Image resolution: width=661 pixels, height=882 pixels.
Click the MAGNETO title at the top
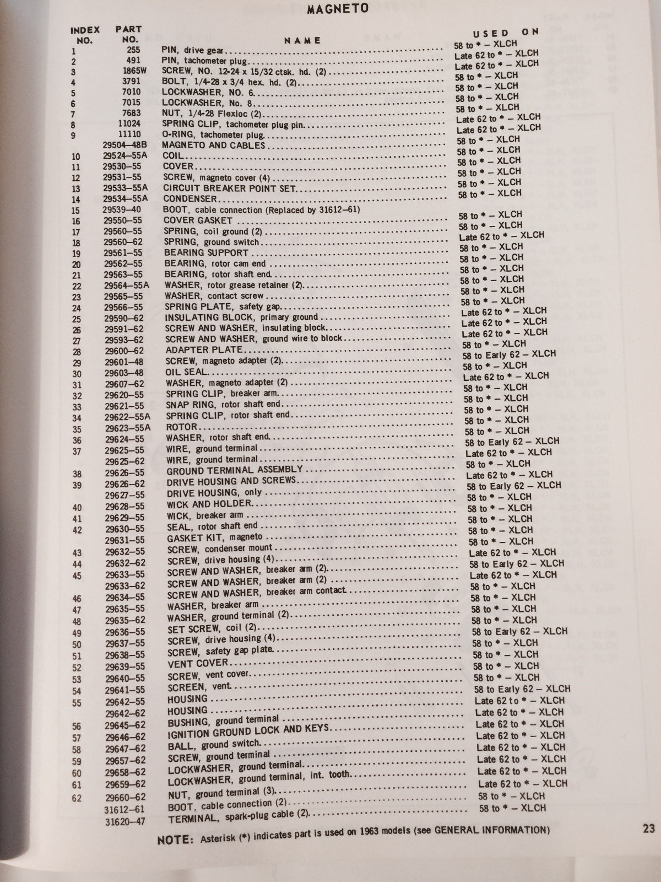pos(338,9)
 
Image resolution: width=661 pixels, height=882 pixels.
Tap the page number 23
pos(648,829)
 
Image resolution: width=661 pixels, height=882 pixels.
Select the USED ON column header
pos(505,33)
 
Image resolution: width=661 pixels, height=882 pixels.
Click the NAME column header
pos(302,40)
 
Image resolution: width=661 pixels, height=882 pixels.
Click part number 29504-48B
pos(128,145)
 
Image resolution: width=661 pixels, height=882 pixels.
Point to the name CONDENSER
pos(190,198)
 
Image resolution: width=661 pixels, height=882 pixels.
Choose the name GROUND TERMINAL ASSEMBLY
pos(235,471)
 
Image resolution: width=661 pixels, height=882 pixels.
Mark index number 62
pos(76,797)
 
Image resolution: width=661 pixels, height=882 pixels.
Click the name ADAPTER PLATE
pos(204,350)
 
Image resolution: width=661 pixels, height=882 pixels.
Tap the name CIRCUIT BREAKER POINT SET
pos(230,188)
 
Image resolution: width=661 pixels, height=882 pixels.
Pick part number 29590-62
pos(124,318)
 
